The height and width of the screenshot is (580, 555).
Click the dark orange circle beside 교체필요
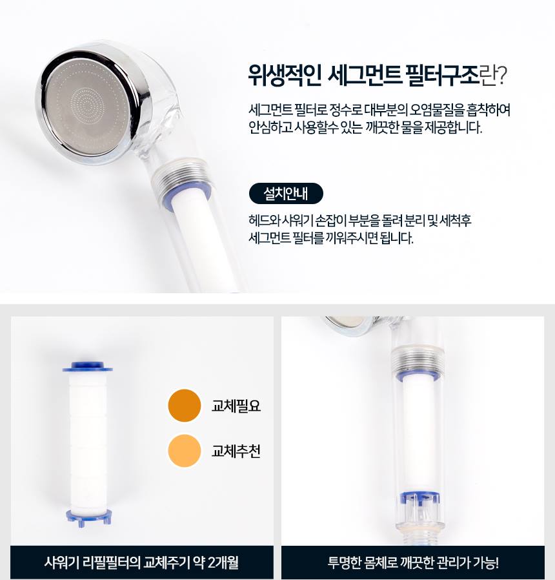click(x=184, y=406)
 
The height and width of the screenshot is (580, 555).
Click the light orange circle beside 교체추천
click(x=184, y=451)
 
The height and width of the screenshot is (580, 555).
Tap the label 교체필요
click(x=236, y=406)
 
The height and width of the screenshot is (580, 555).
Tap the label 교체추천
click(x=236, y=451)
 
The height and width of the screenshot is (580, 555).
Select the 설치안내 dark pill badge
click(x=285, y=194)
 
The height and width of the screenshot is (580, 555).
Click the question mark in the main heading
click(x=501, y=77)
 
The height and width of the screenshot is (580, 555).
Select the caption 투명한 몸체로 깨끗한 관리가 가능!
click(x=413, y=562)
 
